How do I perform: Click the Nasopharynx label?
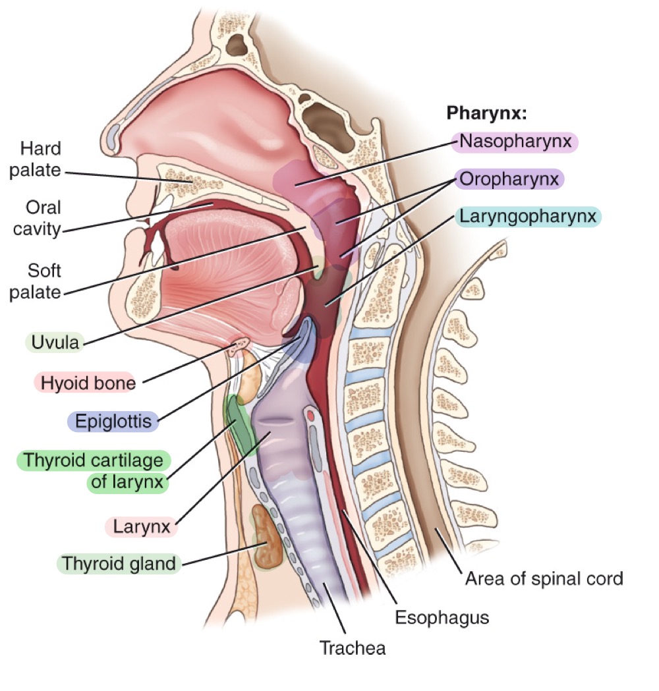[x=515, y=141]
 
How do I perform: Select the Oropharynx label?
[x=509, y=179]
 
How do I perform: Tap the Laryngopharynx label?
[x=528, y=215]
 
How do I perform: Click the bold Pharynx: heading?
[x=487, y=113]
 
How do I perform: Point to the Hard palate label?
[x=40, y=159]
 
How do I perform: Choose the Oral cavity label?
[x=43, y=219]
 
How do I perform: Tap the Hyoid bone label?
[x=88, y=382]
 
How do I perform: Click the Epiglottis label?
[x=113, y=421]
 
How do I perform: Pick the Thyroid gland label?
[x=119, y=564]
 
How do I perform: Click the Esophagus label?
[x=442, y=618]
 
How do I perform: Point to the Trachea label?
[x=353, y=648]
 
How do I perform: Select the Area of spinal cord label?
[x=544, y=579]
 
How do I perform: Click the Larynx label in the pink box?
[x=142, y=527]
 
